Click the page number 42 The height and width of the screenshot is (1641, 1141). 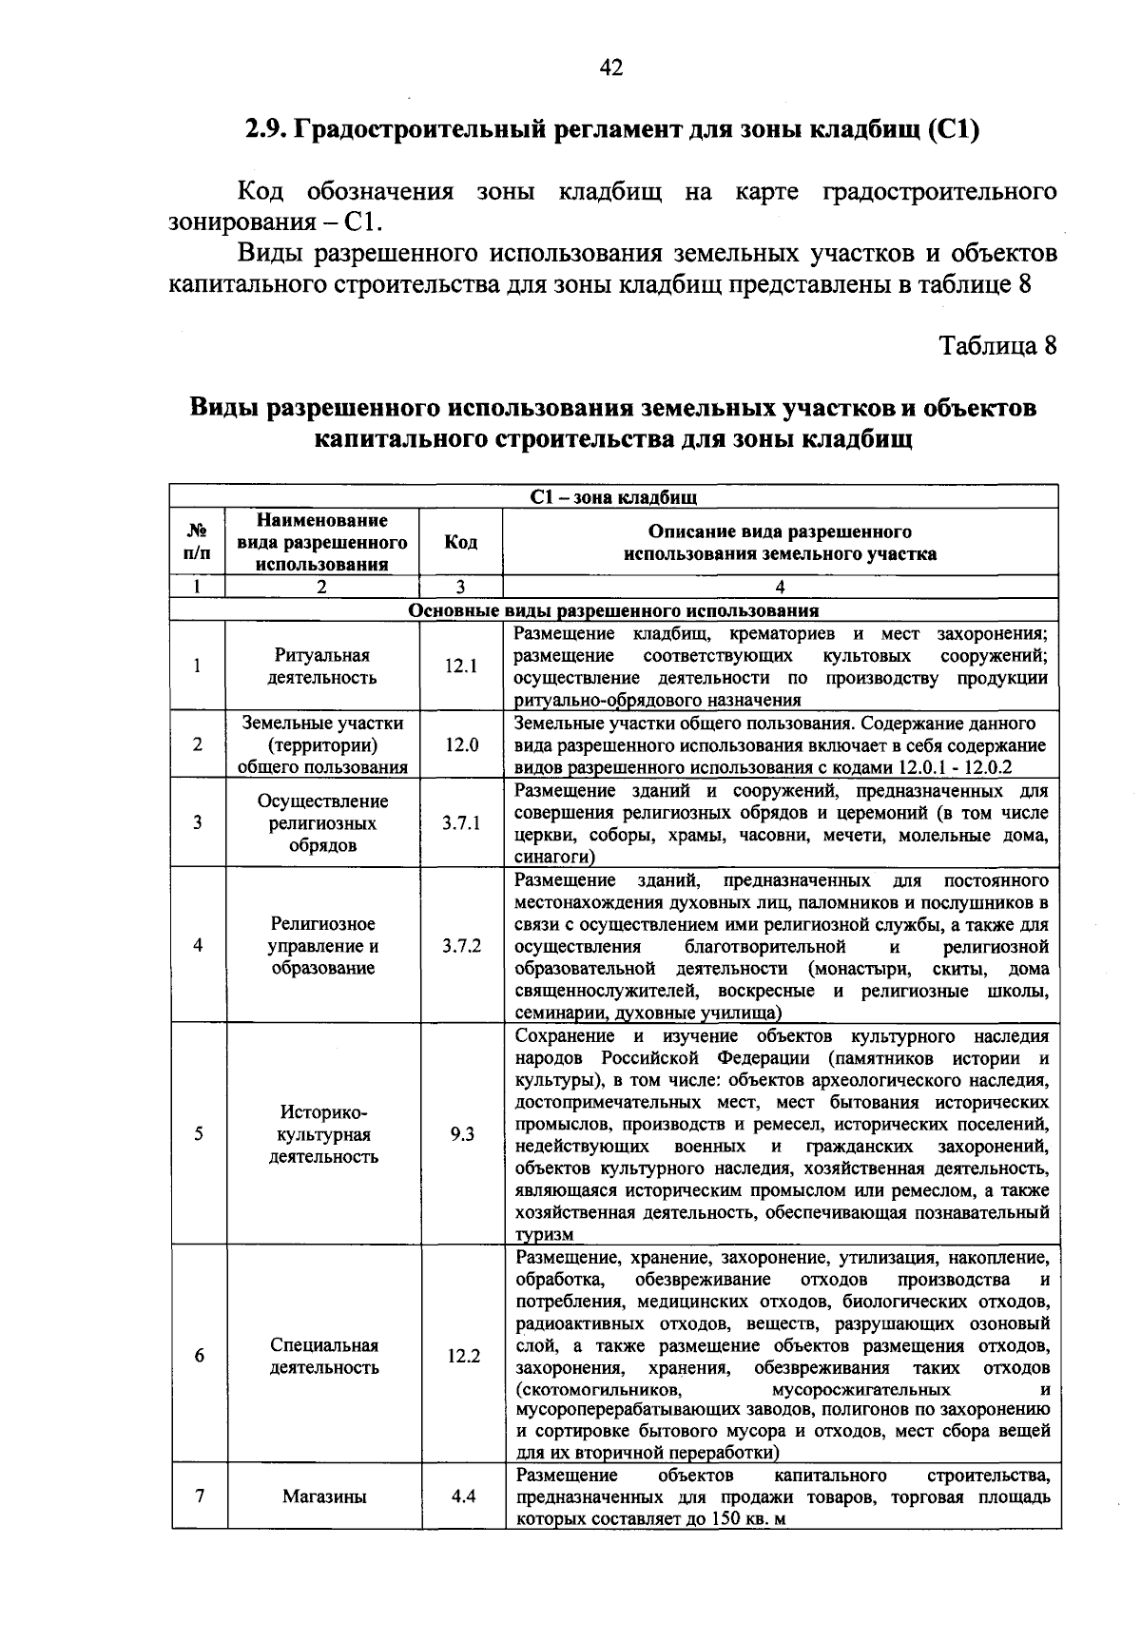pyautogui.click(x=611, y=68)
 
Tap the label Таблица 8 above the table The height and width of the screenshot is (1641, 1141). pyautogui.click(x=998, y=345)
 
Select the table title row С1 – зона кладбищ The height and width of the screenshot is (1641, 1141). pyautogui.click(x=613, y=496)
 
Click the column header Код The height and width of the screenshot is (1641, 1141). pyautogui.click(x=461, y=542)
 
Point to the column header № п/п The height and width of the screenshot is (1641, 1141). pyautogui.click(x=198, y=542)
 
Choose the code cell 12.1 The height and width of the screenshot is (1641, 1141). pyautogui.click(x=461, y=666)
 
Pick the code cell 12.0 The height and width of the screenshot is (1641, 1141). pyautogui.click(x=461, y=744)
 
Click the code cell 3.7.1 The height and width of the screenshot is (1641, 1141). pyautogui.click(x=461, y=822)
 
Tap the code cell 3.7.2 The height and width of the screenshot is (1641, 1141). pyautogui.click(x=461, y=946)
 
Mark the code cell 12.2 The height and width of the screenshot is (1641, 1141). pyautogui.click(x=463, y=1357)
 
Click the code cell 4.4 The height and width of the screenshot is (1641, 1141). pyautogui.click(x=463, y=1496)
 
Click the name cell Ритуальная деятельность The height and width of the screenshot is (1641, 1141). pyautogui.click(x=322, y=666)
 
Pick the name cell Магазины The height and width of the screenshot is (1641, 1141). pyautogui.click(x=324, y=1496)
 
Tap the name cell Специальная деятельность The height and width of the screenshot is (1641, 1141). pyautogui.click(x=324, y=1357)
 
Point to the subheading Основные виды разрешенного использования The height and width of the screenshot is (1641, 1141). pyautogui.click(x=613, y=610)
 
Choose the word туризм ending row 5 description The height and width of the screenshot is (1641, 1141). pyautogui.click(x=545, y=1235)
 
